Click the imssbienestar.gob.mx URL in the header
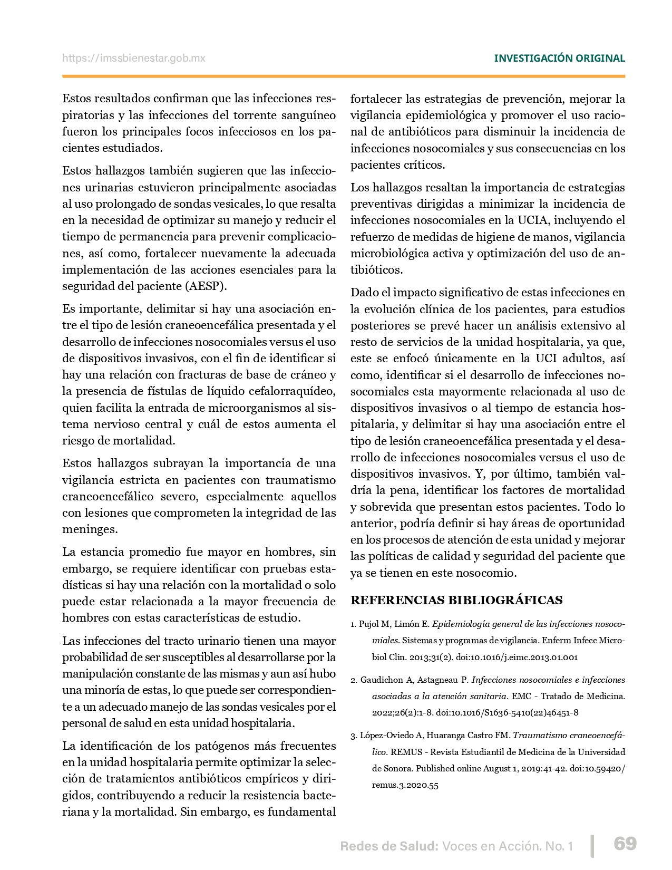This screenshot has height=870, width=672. [134, 59]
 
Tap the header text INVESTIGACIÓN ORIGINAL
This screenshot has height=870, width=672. [559, 59]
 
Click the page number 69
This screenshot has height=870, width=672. [625, 844]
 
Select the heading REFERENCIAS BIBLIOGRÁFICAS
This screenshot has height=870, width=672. [456, 600]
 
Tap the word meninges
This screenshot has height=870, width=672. [90, 529]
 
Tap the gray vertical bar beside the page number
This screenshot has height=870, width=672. [593, 845]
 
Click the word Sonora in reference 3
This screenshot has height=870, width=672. [396, 769]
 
